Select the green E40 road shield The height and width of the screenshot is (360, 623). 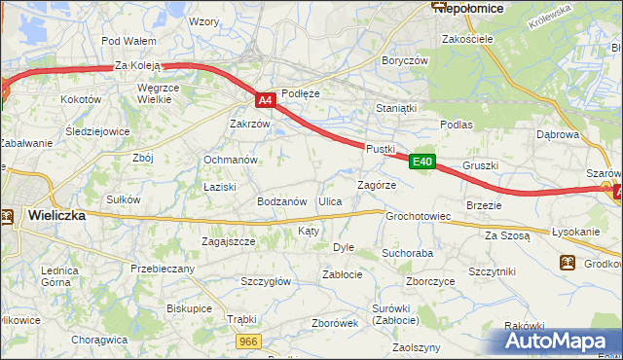point(421,163)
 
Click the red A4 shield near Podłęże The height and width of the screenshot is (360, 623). point(266,99)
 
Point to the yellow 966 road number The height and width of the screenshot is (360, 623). point(249,341)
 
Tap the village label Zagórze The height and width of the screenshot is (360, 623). point(377,184)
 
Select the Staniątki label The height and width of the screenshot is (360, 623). point(396,109)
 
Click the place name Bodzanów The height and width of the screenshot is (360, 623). point(281,201)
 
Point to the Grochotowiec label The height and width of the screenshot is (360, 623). point(418,216)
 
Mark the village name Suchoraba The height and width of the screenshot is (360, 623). point(407,253)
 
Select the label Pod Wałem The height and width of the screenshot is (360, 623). point(128,41)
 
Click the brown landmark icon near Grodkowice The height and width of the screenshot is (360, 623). point(567,263)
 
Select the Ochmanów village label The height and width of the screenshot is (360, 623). point(230,160)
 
